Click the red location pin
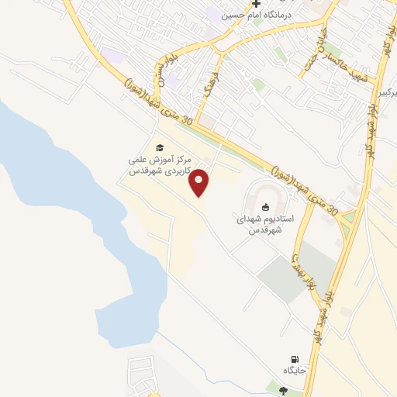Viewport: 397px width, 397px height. tap(200, 182)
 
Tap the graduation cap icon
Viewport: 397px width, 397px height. tap(160, 147)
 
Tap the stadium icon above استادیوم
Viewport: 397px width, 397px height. tap(266, 207)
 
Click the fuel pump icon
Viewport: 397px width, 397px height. tap(294, 359)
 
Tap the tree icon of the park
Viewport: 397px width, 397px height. tap(282, 390)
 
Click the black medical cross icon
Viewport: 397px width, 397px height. tap(256, 4)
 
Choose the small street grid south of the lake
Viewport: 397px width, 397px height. tap(143, 376)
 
